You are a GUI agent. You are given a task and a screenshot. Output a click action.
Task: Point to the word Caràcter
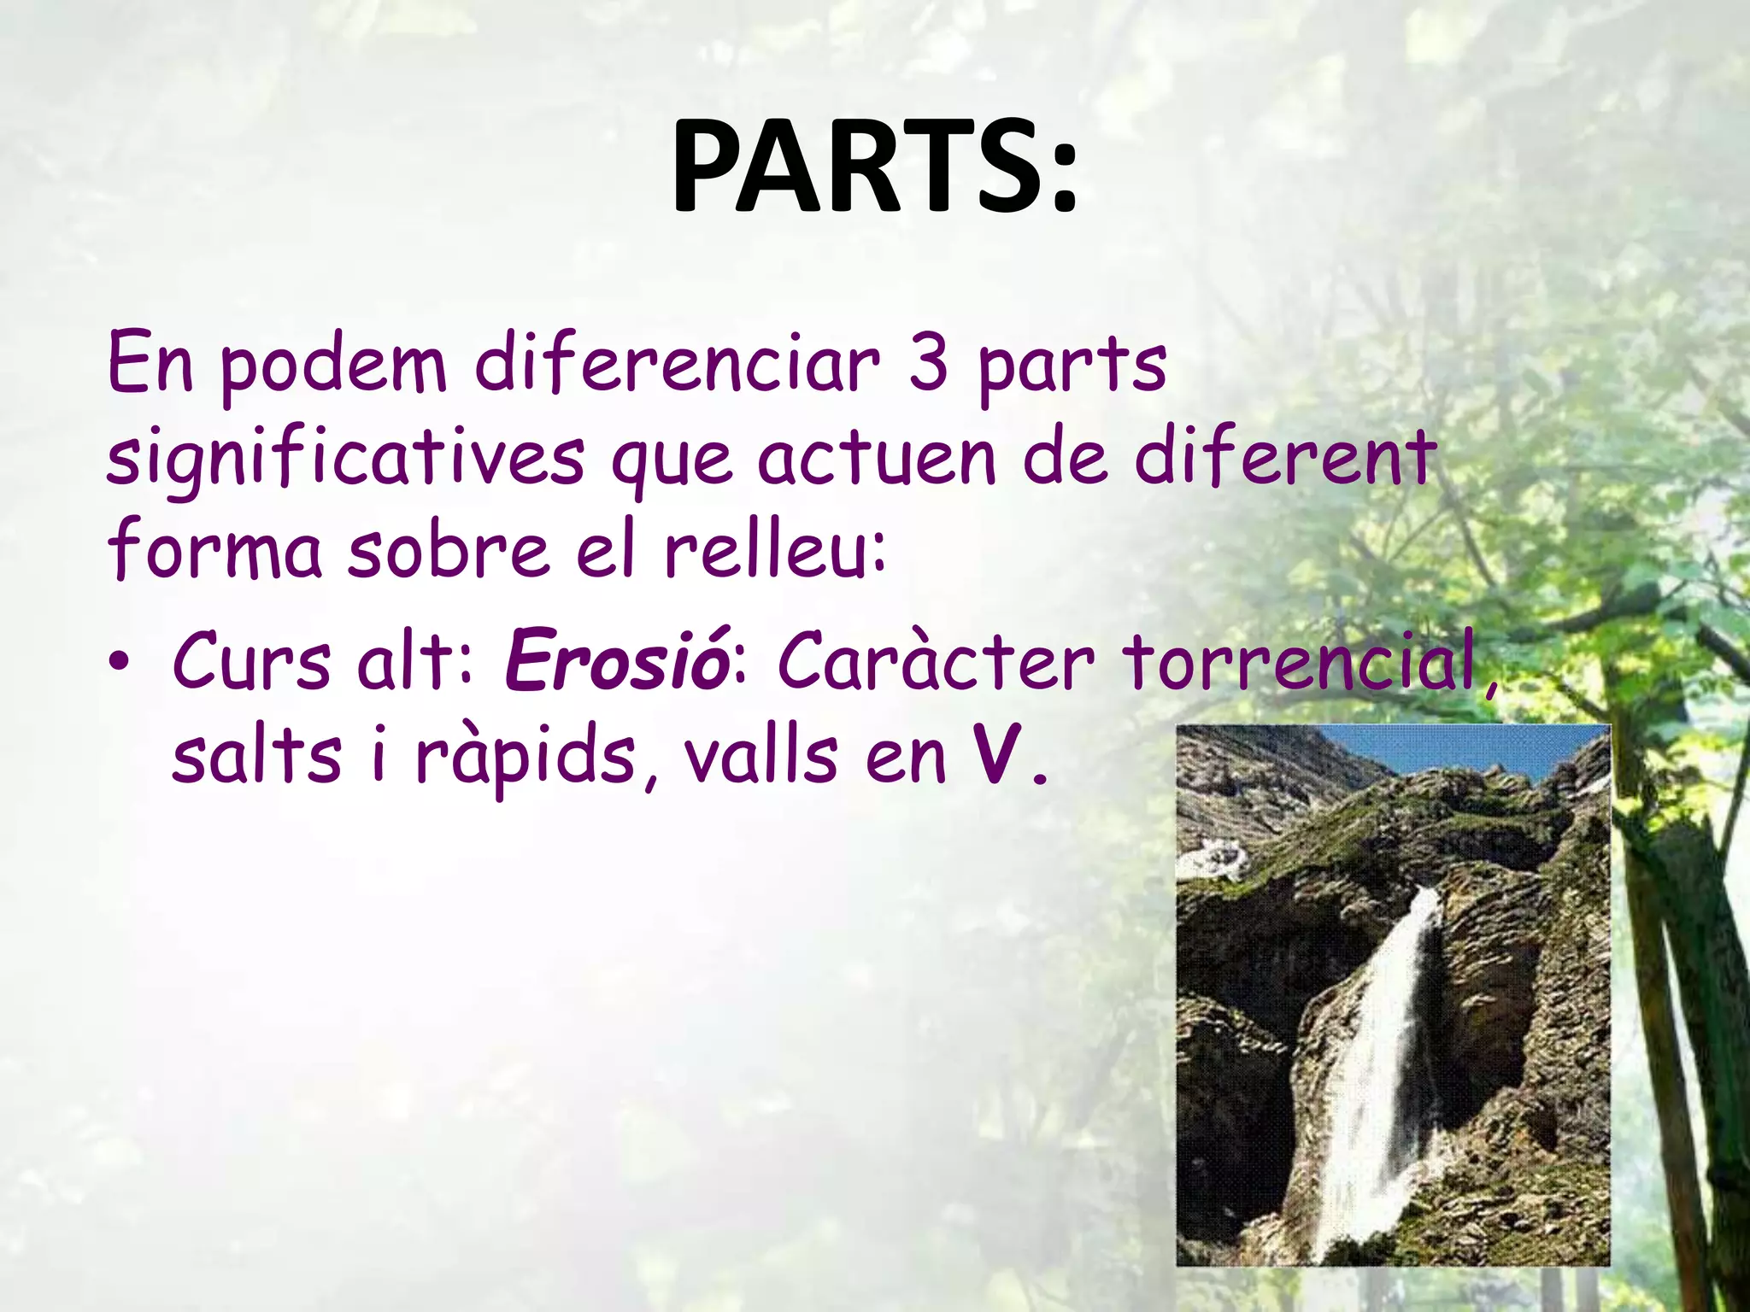tap(935, 662)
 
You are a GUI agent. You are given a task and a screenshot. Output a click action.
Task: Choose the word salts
tap(256, 756)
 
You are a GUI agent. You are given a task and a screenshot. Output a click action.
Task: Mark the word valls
tap(760, 756)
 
